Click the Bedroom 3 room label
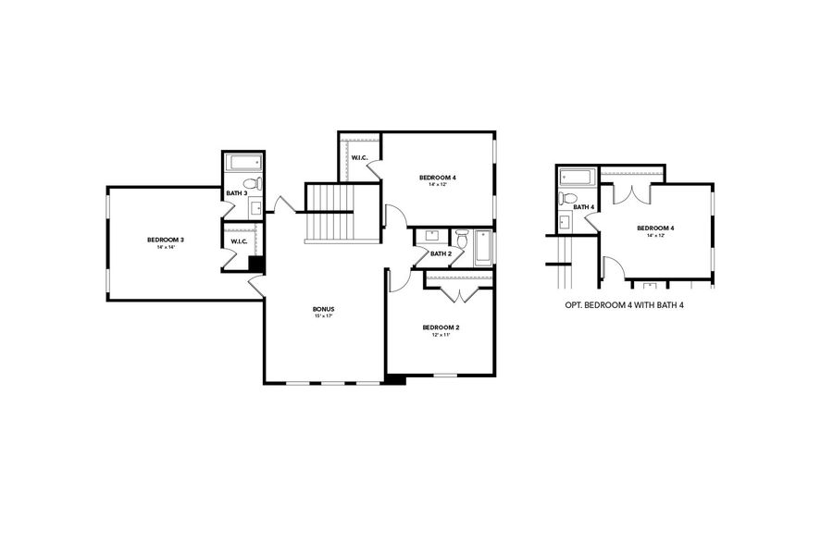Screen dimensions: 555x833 166,240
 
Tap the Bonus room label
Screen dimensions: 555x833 323,309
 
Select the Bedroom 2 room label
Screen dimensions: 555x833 441,327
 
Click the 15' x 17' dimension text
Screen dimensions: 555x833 323,316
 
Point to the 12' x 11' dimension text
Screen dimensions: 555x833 441,335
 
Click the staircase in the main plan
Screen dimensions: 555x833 330,213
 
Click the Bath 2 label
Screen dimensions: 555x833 441,253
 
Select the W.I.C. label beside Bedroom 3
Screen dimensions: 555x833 238,242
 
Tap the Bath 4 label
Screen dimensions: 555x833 583,206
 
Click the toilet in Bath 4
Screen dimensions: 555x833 570,198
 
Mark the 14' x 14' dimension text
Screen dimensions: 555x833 166,248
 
